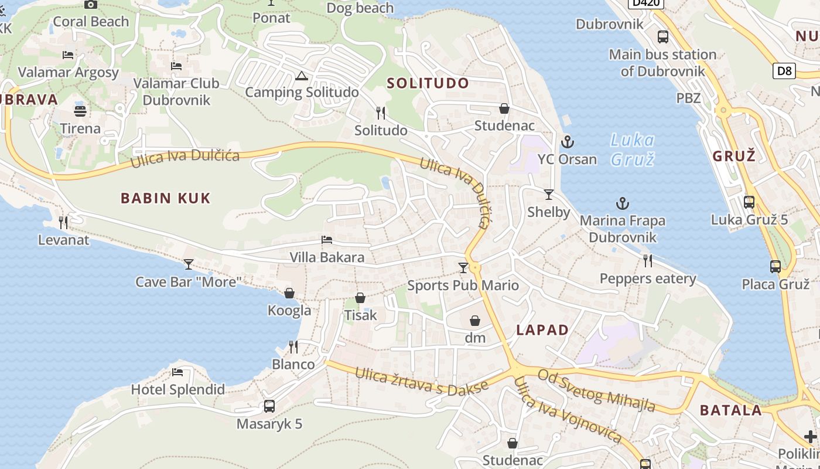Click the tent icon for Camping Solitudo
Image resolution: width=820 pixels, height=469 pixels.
point(301,76)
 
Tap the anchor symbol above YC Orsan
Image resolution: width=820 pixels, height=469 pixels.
point(567,142)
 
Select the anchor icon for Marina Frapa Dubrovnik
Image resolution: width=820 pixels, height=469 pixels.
point(623,204)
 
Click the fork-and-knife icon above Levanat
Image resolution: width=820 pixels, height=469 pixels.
point(63,223)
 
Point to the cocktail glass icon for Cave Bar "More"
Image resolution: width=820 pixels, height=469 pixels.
point(188,264)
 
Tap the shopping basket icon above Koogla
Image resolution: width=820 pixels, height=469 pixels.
point(289,293)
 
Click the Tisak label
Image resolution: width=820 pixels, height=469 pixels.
point(360,315)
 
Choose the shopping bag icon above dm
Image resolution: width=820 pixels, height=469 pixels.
point(475,321)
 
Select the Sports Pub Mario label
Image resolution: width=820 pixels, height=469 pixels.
point(463,286)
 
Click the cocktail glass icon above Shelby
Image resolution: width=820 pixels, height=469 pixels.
point(549,195)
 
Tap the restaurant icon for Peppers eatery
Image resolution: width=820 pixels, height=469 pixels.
point(647,261)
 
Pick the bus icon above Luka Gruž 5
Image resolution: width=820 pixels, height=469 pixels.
point(749,202)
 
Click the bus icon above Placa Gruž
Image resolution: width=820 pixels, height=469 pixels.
point(775,267)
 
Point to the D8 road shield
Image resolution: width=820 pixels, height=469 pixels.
point(784,72)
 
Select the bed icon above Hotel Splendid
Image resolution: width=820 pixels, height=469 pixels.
point(177,372)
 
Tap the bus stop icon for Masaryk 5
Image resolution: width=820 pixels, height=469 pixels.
point(269,406)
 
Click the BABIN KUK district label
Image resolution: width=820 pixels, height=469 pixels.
point(165,198)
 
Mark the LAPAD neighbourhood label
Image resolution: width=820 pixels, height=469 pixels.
point(542,330)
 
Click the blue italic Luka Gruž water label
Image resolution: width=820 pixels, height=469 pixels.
point(632,149)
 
